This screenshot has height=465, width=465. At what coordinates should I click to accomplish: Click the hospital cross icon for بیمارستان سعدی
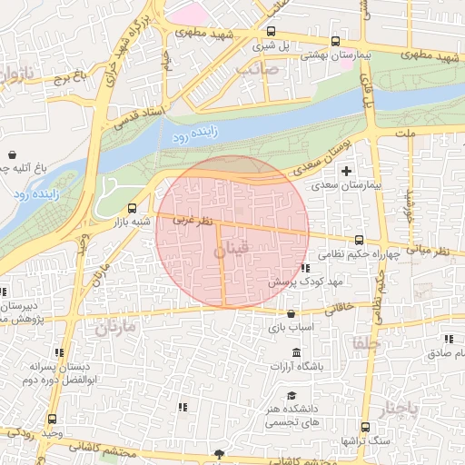(344, 170)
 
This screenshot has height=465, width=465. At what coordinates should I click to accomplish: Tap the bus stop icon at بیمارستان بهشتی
(336, 41)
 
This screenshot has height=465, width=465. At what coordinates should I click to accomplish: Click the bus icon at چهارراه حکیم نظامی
(360, 241)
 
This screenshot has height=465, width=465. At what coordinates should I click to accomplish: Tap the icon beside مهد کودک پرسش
(304, 268)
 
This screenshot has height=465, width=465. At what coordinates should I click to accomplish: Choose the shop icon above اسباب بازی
(291, 312)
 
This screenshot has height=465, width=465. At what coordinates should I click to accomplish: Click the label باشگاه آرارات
(296, 367)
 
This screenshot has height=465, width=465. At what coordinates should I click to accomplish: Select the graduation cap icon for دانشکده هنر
(292, 396)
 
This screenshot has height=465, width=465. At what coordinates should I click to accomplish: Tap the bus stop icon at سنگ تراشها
(365, 427)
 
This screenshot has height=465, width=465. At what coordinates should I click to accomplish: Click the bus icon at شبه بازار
(134, 207)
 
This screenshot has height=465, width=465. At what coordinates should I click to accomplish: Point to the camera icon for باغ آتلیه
(12, 153)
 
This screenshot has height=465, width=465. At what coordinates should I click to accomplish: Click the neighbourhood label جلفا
(369, 343)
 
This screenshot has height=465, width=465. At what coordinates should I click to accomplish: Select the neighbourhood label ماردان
(114, 325)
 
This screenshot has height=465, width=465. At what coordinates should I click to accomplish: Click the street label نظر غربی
(193, 221)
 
